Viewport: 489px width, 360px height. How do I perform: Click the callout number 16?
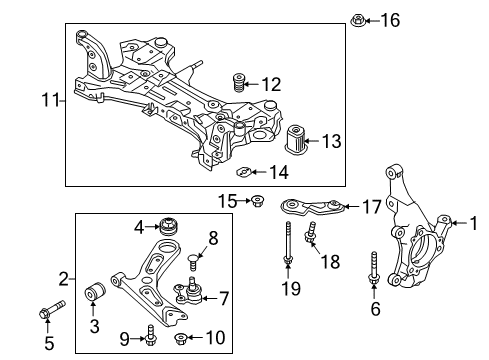(x=390, y=20)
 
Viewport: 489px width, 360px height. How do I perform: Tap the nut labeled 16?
(x=358, y=20)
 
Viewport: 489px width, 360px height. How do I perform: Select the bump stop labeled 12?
(x=238, y=83)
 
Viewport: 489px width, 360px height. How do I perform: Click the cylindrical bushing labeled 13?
(x=296, y=140)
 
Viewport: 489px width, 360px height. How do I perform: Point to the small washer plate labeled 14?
(x=243, y=172)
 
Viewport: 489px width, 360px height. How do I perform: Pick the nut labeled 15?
(x=257, y=201)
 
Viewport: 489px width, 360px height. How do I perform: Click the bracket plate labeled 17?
(x=311, y=207)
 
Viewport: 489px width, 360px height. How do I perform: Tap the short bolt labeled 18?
(x=311, y=233)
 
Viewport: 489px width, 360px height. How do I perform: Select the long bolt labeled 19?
(x=288, y=243)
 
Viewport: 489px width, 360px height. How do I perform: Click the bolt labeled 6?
(x=373, y=269)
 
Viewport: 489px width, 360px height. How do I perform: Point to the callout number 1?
(x=474, y=223)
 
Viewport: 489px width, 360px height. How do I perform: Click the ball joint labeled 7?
(x=188, y=291)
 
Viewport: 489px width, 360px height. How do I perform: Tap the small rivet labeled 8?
(x=193, y=262)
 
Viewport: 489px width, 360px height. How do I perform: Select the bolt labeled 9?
(x=150, y=336)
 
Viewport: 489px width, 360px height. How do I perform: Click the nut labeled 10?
(x=181, y=338)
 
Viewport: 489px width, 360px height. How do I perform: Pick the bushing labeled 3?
(x=96, y=291)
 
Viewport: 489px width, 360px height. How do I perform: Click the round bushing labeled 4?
(x=169, y=226)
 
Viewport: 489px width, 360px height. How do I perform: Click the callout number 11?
(x=50, y=100)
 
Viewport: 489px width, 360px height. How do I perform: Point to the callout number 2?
(x=64, y=279)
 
